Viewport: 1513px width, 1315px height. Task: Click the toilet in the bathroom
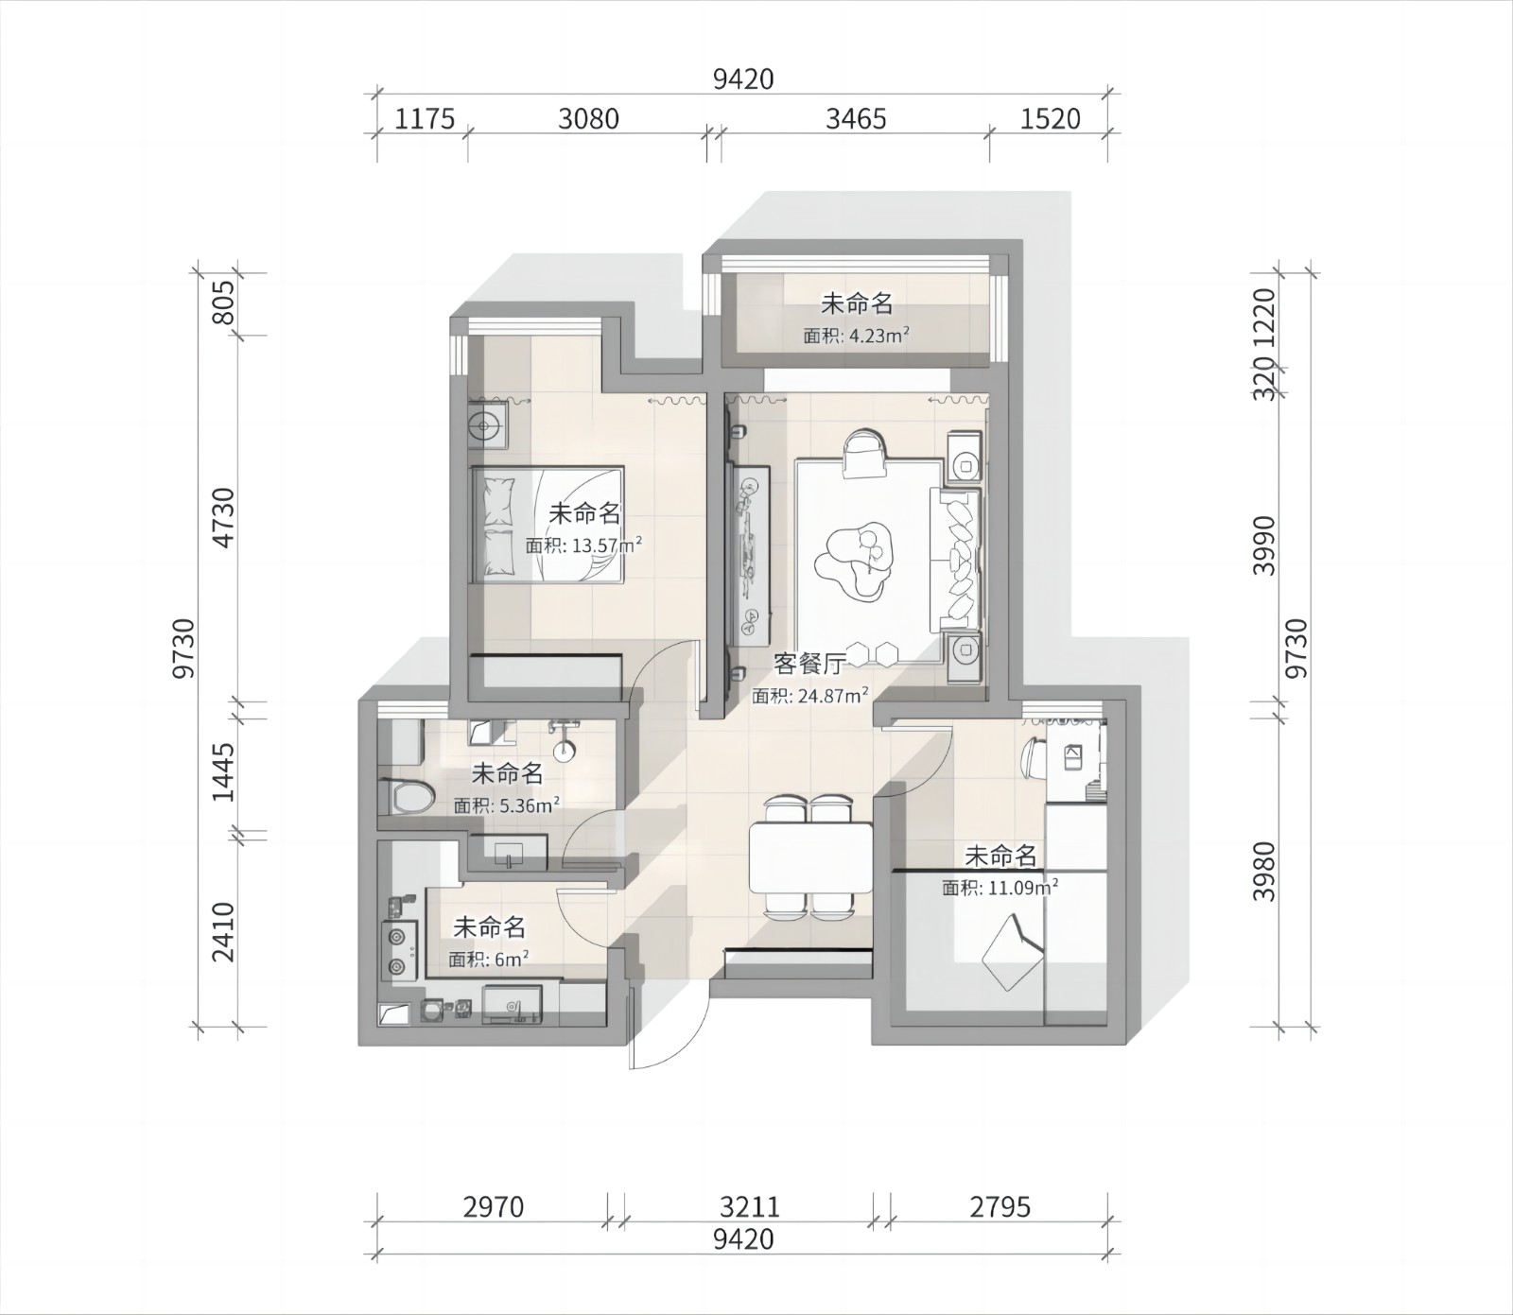tap(406, 796)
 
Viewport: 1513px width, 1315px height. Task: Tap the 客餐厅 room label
tap(809, 664)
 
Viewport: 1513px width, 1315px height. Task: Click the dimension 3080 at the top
tap(588, 118)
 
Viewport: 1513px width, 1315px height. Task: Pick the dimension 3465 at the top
tap(856, 118)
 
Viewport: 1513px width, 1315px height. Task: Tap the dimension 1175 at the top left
tap(425, 118)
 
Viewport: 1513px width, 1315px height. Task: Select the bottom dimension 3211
tap(750, 1207)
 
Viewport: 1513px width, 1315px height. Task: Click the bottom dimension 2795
tap(1000, 1207)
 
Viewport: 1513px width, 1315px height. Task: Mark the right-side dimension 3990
tap(1265, 545)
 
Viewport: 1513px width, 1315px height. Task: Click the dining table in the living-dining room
tap(810, 858)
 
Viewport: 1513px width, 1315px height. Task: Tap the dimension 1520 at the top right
tap(1051, 118)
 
